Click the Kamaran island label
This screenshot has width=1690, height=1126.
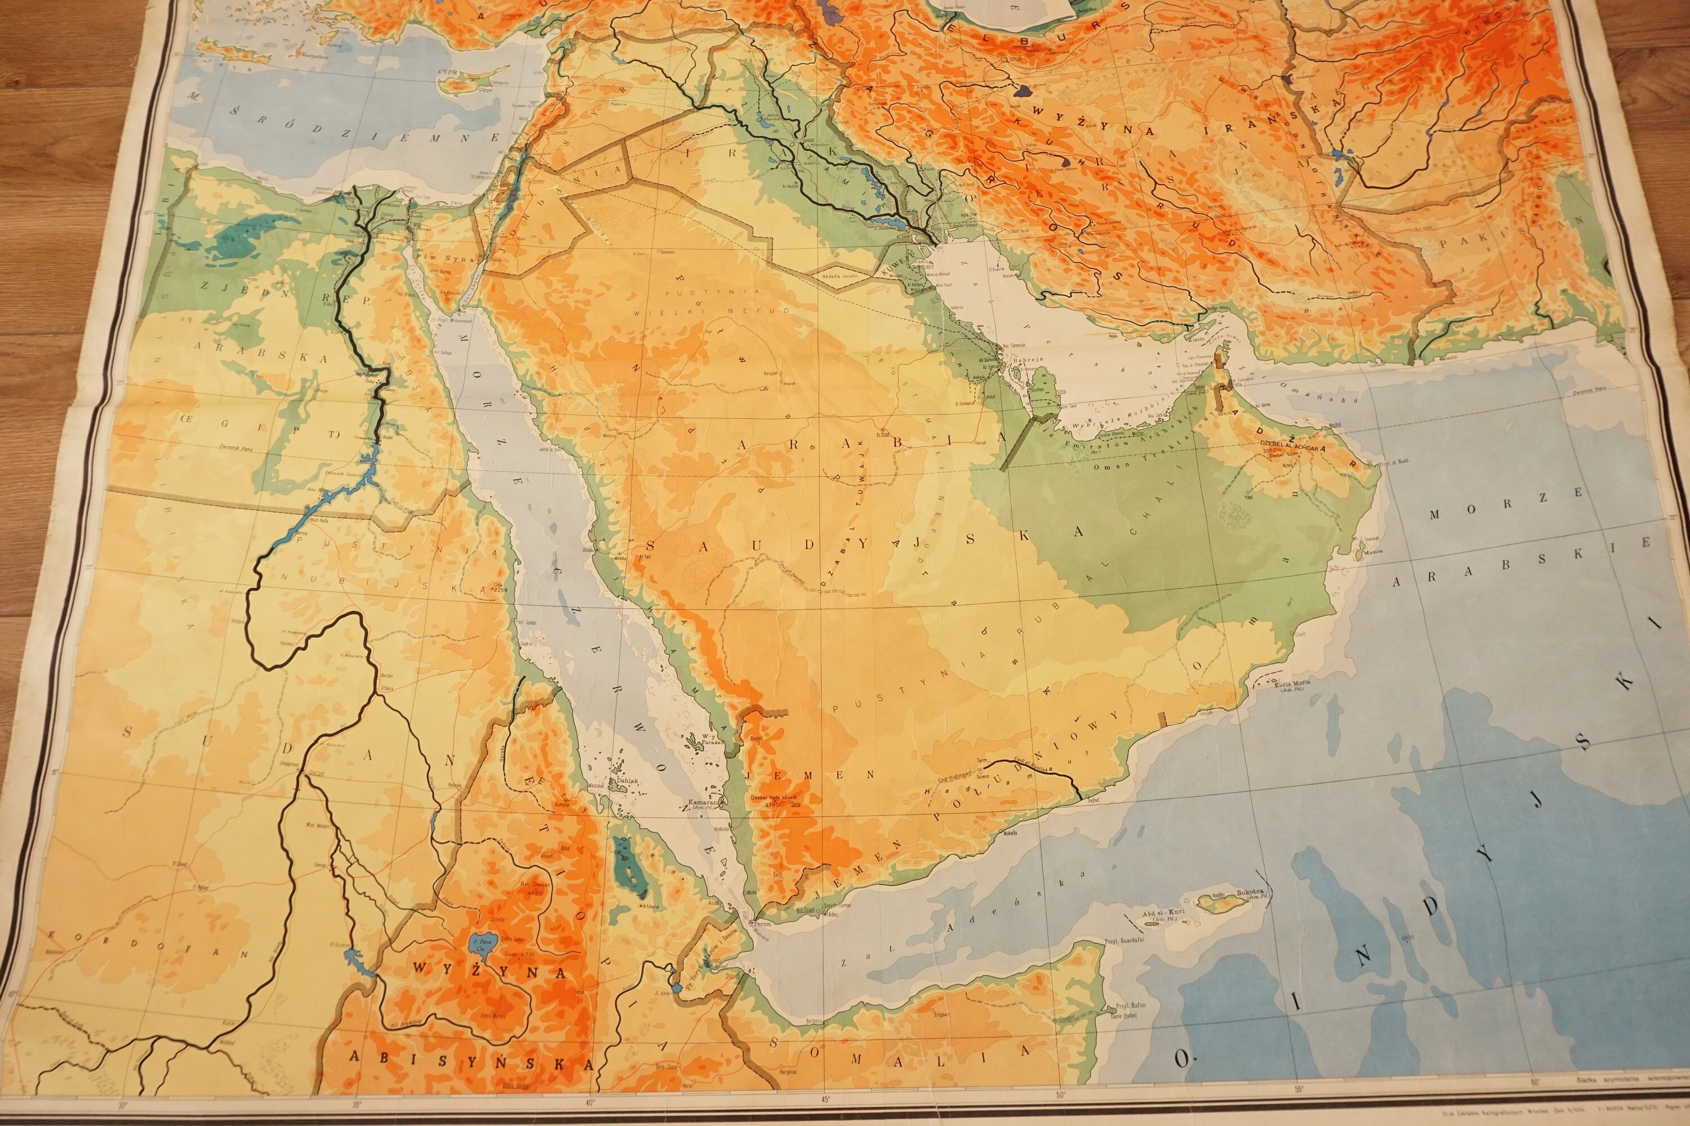coord(701,802)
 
